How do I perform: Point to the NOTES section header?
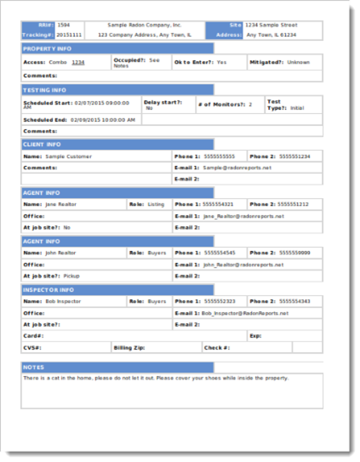click(x=33, y=367)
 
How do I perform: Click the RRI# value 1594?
click(x=64, y=26)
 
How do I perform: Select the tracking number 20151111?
click(x=70, y=35)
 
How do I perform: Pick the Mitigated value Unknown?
click(x=299, y=62)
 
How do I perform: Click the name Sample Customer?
click(x=66, y=157)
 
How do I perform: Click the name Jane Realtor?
click(x=60, y=204)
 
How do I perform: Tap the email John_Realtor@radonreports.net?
click(x=243, y=265)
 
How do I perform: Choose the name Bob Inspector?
click(x=63, y=301)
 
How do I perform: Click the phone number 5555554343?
click(x=294, y=301)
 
